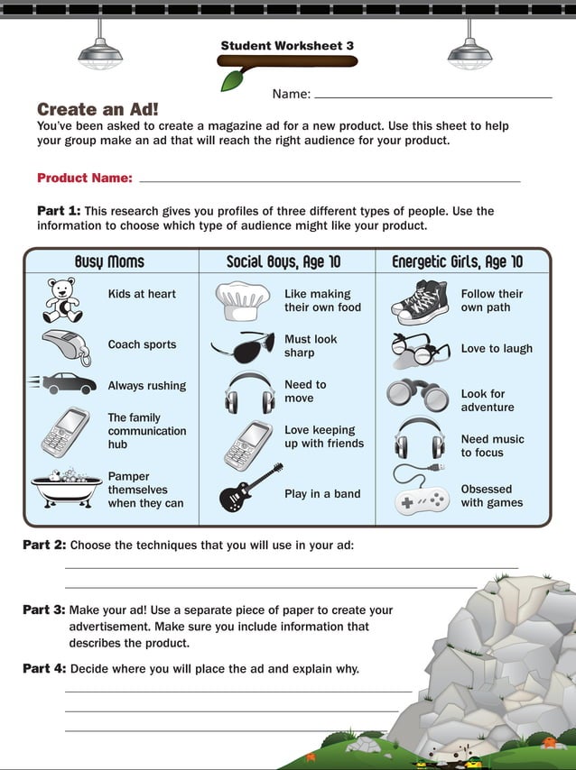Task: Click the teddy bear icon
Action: [x=62, y=300]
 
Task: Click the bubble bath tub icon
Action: [x=66, y=489]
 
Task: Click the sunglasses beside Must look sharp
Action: [x=242, y=346]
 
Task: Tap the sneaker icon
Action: [x=420, y=301]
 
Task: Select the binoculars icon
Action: [x=417, y=395]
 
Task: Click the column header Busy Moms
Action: [x=109, y=261]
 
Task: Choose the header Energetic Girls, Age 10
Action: [x=457, y=261]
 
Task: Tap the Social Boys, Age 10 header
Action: [x=283, y=261]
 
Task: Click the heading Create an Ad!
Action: [x=98, y=109]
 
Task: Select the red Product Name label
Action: [x=85, y=179]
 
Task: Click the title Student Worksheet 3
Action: [x=287, y=45]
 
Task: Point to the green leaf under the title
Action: [x=233, y=79]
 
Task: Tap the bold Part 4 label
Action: [x=44, y=668]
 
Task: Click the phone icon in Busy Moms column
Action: [x=65, y=433]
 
